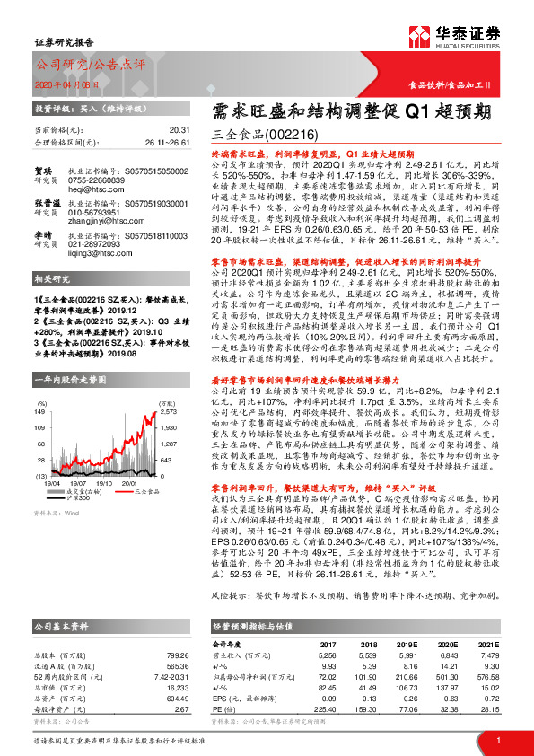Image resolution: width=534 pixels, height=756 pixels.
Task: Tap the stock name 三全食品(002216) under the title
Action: [x=267, y=136]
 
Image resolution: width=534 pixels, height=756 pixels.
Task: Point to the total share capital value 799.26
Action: [x=178, y=630]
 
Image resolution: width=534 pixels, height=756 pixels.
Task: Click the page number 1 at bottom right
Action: [x=496, y=740]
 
